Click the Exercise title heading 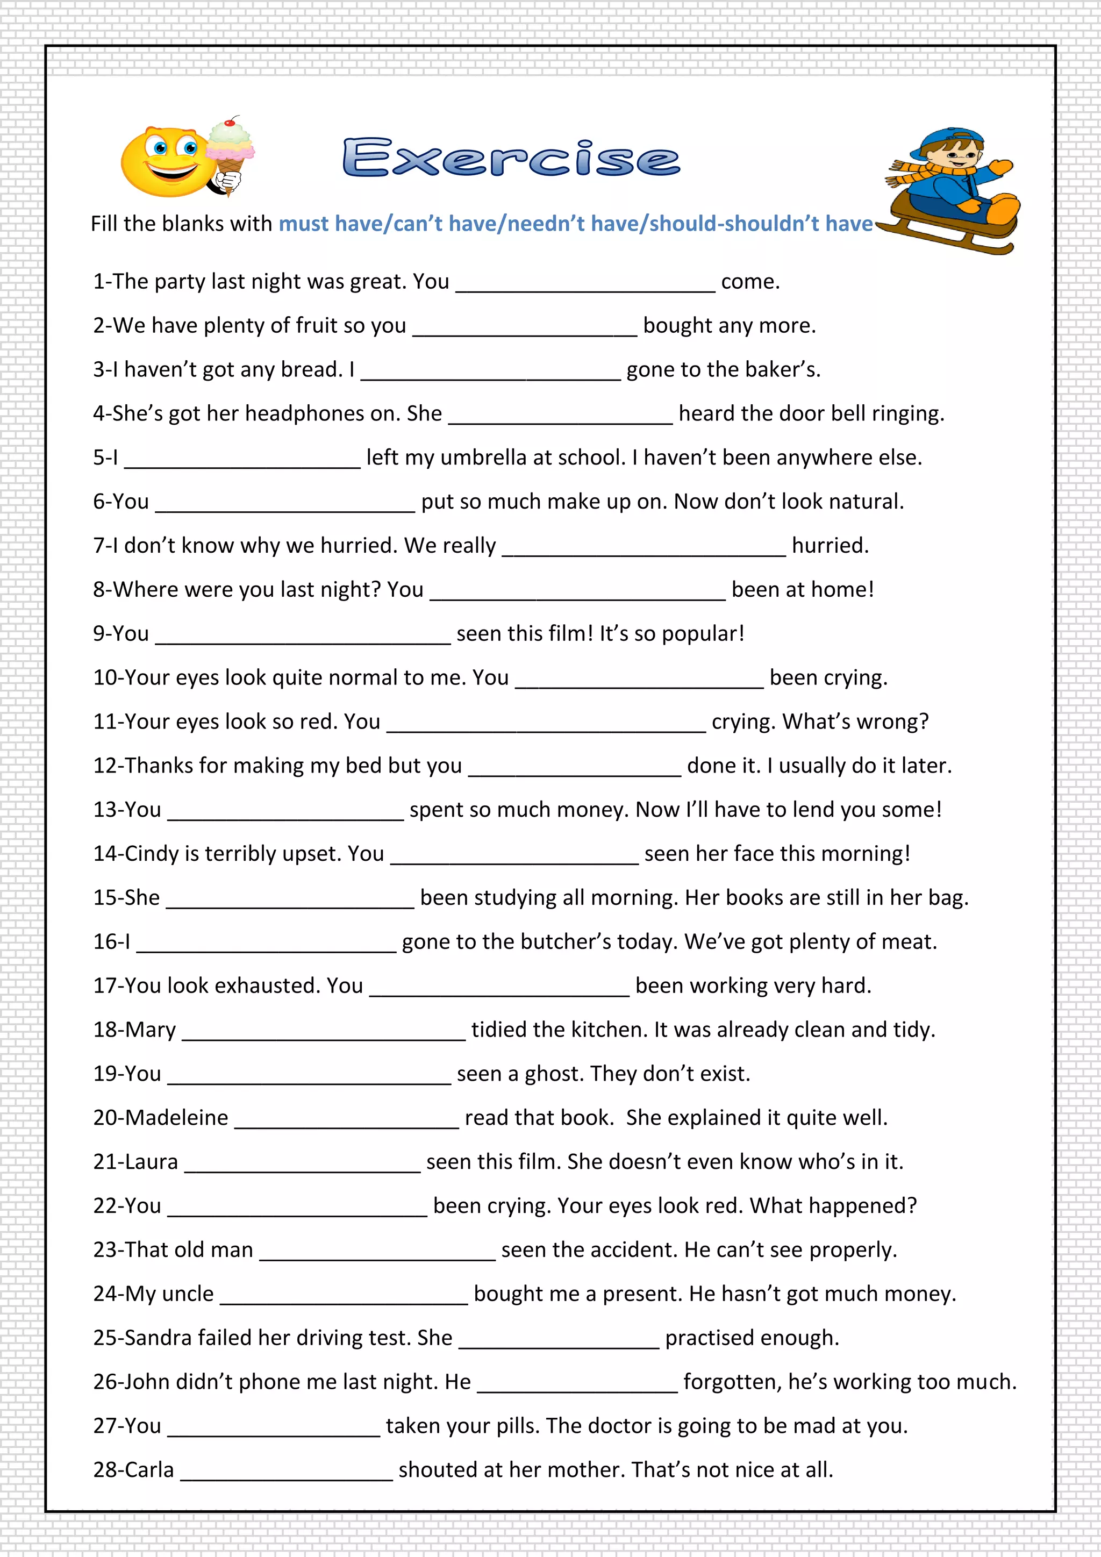[511, 158]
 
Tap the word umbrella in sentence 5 [483, 458]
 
